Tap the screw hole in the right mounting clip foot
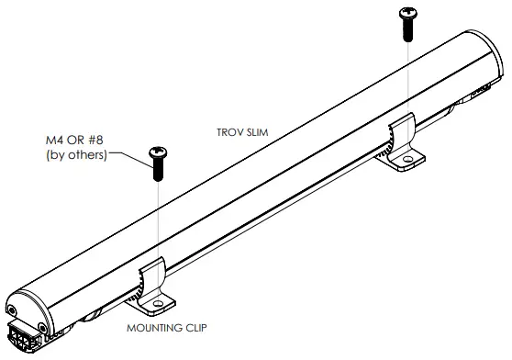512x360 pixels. [x=405, y=162]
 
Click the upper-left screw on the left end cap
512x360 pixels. [x=11, y=309]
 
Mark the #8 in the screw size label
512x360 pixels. [x=97, y=140]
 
